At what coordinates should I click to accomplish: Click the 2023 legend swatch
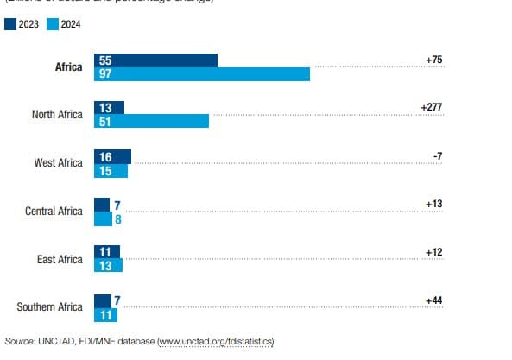[x=10, y=24]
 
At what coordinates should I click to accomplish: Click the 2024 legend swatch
[x=51, y=24]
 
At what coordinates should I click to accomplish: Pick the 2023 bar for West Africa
[x=112, y=156]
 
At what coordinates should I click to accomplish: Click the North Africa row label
[x=57, y=115]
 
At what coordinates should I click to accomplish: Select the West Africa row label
[x=58, y=163]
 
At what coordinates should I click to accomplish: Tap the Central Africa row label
[x=54, y=212]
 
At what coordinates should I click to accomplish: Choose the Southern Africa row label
[x=50, y=307]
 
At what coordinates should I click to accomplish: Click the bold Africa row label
[x=68, y=66]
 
